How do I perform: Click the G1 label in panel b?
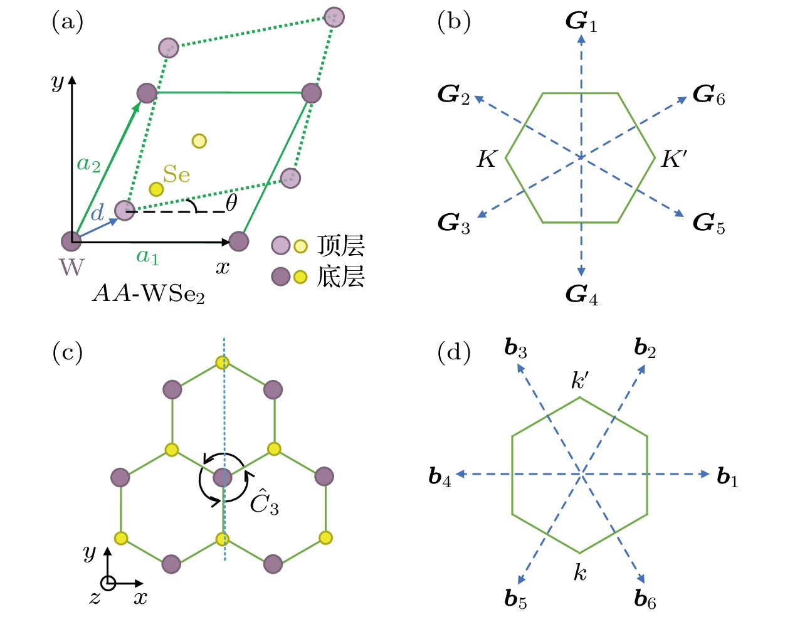tap(581, 22)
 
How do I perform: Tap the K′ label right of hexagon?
tap(673, 159)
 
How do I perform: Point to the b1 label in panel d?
tap(727, 477)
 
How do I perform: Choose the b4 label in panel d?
tap(440, 477)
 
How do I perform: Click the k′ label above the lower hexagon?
tap(580, 380)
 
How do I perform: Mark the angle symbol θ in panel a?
tap(231, 203)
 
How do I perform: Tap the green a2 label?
tap(88, 164)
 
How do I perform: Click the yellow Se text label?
tap(177, 174)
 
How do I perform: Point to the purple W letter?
tap(72, 267)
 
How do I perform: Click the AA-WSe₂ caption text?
tap(149, 294)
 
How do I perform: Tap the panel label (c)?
tap(68, 352)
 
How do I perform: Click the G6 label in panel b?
tap(709, 95)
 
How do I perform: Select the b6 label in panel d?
tap(645, 599)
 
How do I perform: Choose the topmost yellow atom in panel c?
tap(223, 363)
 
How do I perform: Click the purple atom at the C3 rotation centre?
tap(223, 478)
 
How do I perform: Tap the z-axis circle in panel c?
tap(108, 582)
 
